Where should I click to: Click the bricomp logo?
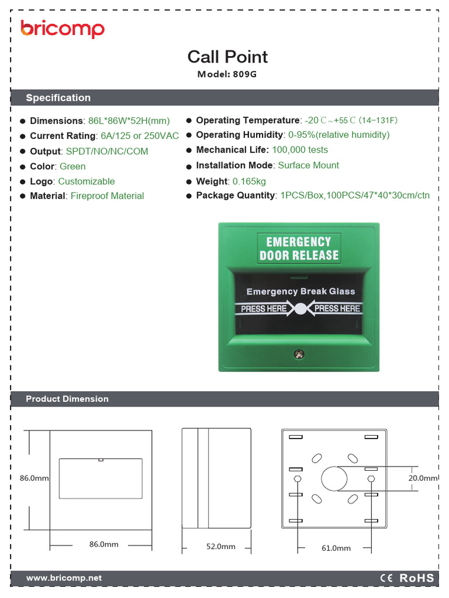[62, 29]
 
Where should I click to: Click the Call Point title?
[227, 57]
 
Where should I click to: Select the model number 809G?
[245, 74]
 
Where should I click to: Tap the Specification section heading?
[58, 98]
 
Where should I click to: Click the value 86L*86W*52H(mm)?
[129, 121]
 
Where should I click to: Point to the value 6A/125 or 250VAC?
[140, 135]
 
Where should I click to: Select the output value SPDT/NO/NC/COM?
[107, 151]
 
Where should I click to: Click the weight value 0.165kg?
[249, 181]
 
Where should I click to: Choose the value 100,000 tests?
[300, 150]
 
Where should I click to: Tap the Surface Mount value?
[309, 165]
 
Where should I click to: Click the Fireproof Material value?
[108, 196]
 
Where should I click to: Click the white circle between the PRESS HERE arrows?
[301, 308]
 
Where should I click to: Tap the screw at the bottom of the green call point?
[299, 354]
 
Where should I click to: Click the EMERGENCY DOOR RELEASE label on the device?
[299, 248]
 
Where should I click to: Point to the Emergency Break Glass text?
[301, 291]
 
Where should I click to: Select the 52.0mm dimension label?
[220, 547]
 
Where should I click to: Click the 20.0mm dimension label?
[423, 478]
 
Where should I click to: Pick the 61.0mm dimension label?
[336, 548]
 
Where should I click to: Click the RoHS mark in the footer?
[416, 578]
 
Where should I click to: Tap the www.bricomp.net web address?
[64, 578]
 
